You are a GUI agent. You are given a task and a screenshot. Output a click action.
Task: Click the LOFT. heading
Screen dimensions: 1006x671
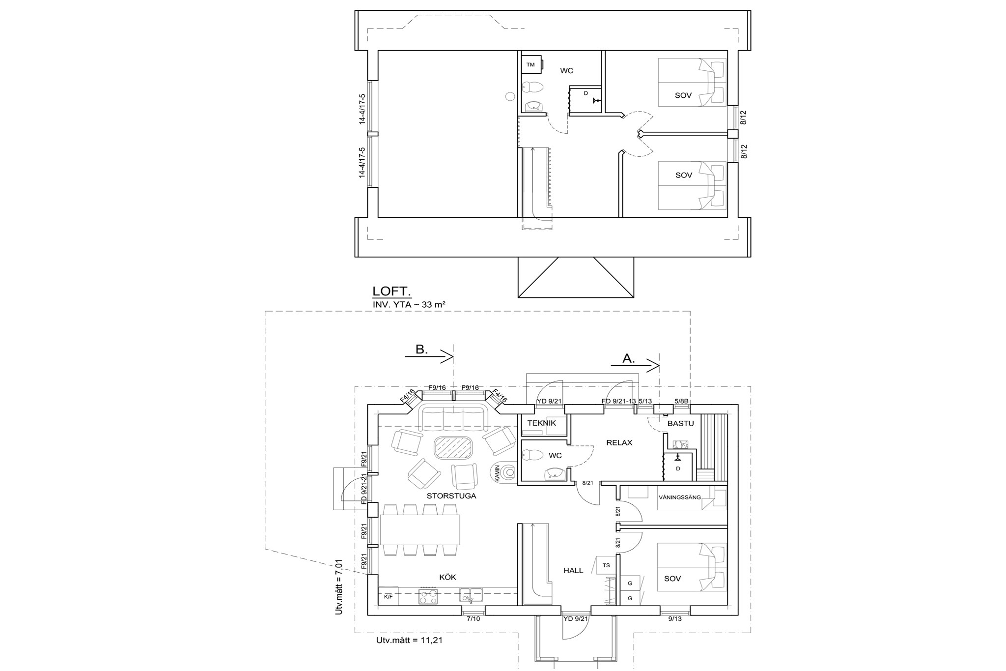392,292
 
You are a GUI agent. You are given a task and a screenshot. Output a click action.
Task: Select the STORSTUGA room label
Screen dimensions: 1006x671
451,496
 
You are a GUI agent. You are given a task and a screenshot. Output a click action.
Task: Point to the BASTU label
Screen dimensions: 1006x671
680,423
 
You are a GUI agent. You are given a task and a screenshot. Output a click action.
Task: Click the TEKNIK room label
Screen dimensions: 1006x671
541,423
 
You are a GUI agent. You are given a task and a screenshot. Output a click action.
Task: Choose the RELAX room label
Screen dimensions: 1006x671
619,442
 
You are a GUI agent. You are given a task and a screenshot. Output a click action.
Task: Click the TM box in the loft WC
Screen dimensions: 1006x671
531,64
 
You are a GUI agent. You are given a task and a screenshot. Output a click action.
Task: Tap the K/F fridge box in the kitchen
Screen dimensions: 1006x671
388,596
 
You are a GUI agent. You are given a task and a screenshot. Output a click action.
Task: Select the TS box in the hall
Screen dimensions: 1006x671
607,565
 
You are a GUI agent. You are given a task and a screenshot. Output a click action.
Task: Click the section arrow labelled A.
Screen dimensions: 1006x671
635,365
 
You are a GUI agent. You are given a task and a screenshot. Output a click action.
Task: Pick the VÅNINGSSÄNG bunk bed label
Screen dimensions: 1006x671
679,497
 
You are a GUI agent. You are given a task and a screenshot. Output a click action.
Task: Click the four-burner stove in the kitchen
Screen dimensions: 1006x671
428,596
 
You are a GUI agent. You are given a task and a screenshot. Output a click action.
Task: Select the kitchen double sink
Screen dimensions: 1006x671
471,595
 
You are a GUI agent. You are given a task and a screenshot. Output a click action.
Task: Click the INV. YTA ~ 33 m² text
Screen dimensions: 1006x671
409,304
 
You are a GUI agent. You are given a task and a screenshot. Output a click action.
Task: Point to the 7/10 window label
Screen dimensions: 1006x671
474,619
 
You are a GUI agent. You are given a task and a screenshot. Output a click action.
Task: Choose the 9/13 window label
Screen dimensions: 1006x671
675,619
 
